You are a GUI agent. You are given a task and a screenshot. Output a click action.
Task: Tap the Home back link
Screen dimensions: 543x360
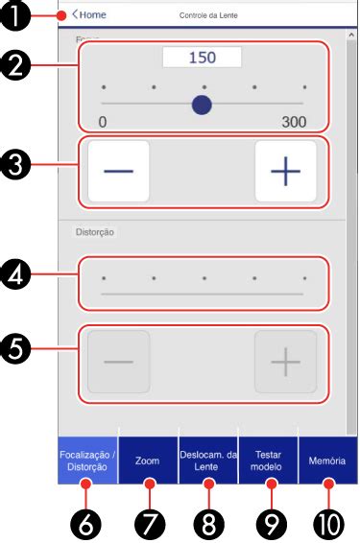coord(88,15)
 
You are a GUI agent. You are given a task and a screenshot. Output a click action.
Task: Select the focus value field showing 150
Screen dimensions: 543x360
coord(202,58)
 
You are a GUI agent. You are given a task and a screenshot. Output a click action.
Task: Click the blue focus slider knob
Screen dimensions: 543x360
coord(202,104)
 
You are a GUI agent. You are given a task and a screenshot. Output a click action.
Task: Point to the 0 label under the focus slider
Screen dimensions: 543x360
coord(103,122)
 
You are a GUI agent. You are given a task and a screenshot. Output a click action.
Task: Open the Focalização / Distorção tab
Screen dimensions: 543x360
coord(87,460)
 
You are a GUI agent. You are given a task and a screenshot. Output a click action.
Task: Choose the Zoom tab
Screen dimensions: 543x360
coord(147,460)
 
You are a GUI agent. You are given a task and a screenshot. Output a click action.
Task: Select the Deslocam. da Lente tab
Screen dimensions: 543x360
coord(207,460)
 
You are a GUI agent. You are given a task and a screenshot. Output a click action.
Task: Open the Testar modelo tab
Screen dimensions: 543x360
coord(268,460)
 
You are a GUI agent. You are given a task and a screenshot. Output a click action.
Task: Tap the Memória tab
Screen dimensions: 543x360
coord(327,460)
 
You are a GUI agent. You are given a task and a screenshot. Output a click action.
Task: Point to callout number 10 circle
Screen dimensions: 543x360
coord(328,523)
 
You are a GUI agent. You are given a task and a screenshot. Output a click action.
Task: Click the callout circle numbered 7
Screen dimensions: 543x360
coord(149,523)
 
